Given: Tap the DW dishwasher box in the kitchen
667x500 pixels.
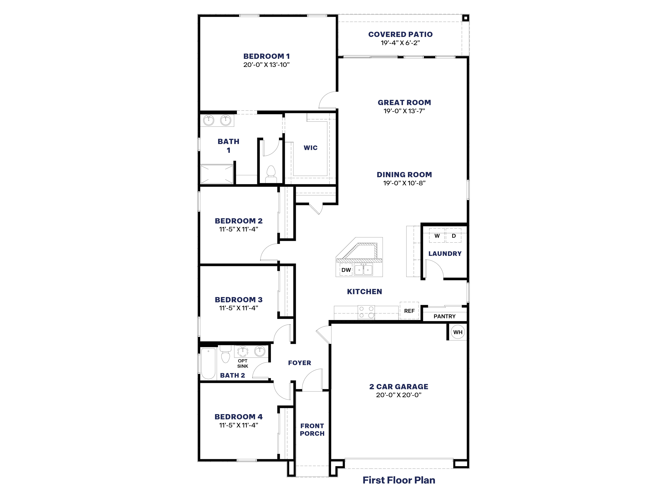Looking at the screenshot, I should coord(346,270).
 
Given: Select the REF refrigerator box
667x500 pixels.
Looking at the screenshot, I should coord(409,311).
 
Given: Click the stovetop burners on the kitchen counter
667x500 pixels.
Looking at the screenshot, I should coord(366,312).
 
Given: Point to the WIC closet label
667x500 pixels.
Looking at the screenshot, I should coord(311,148).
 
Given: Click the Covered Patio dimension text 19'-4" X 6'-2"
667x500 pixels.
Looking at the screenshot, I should coord(400,43).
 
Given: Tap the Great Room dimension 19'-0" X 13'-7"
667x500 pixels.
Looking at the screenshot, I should coord(404,111).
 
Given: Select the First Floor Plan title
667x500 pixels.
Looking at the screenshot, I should coord(399,480).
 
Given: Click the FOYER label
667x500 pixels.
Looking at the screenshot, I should coord(299,363).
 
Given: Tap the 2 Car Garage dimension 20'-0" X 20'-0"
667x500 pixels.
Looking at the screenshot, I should coord(399,395).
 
